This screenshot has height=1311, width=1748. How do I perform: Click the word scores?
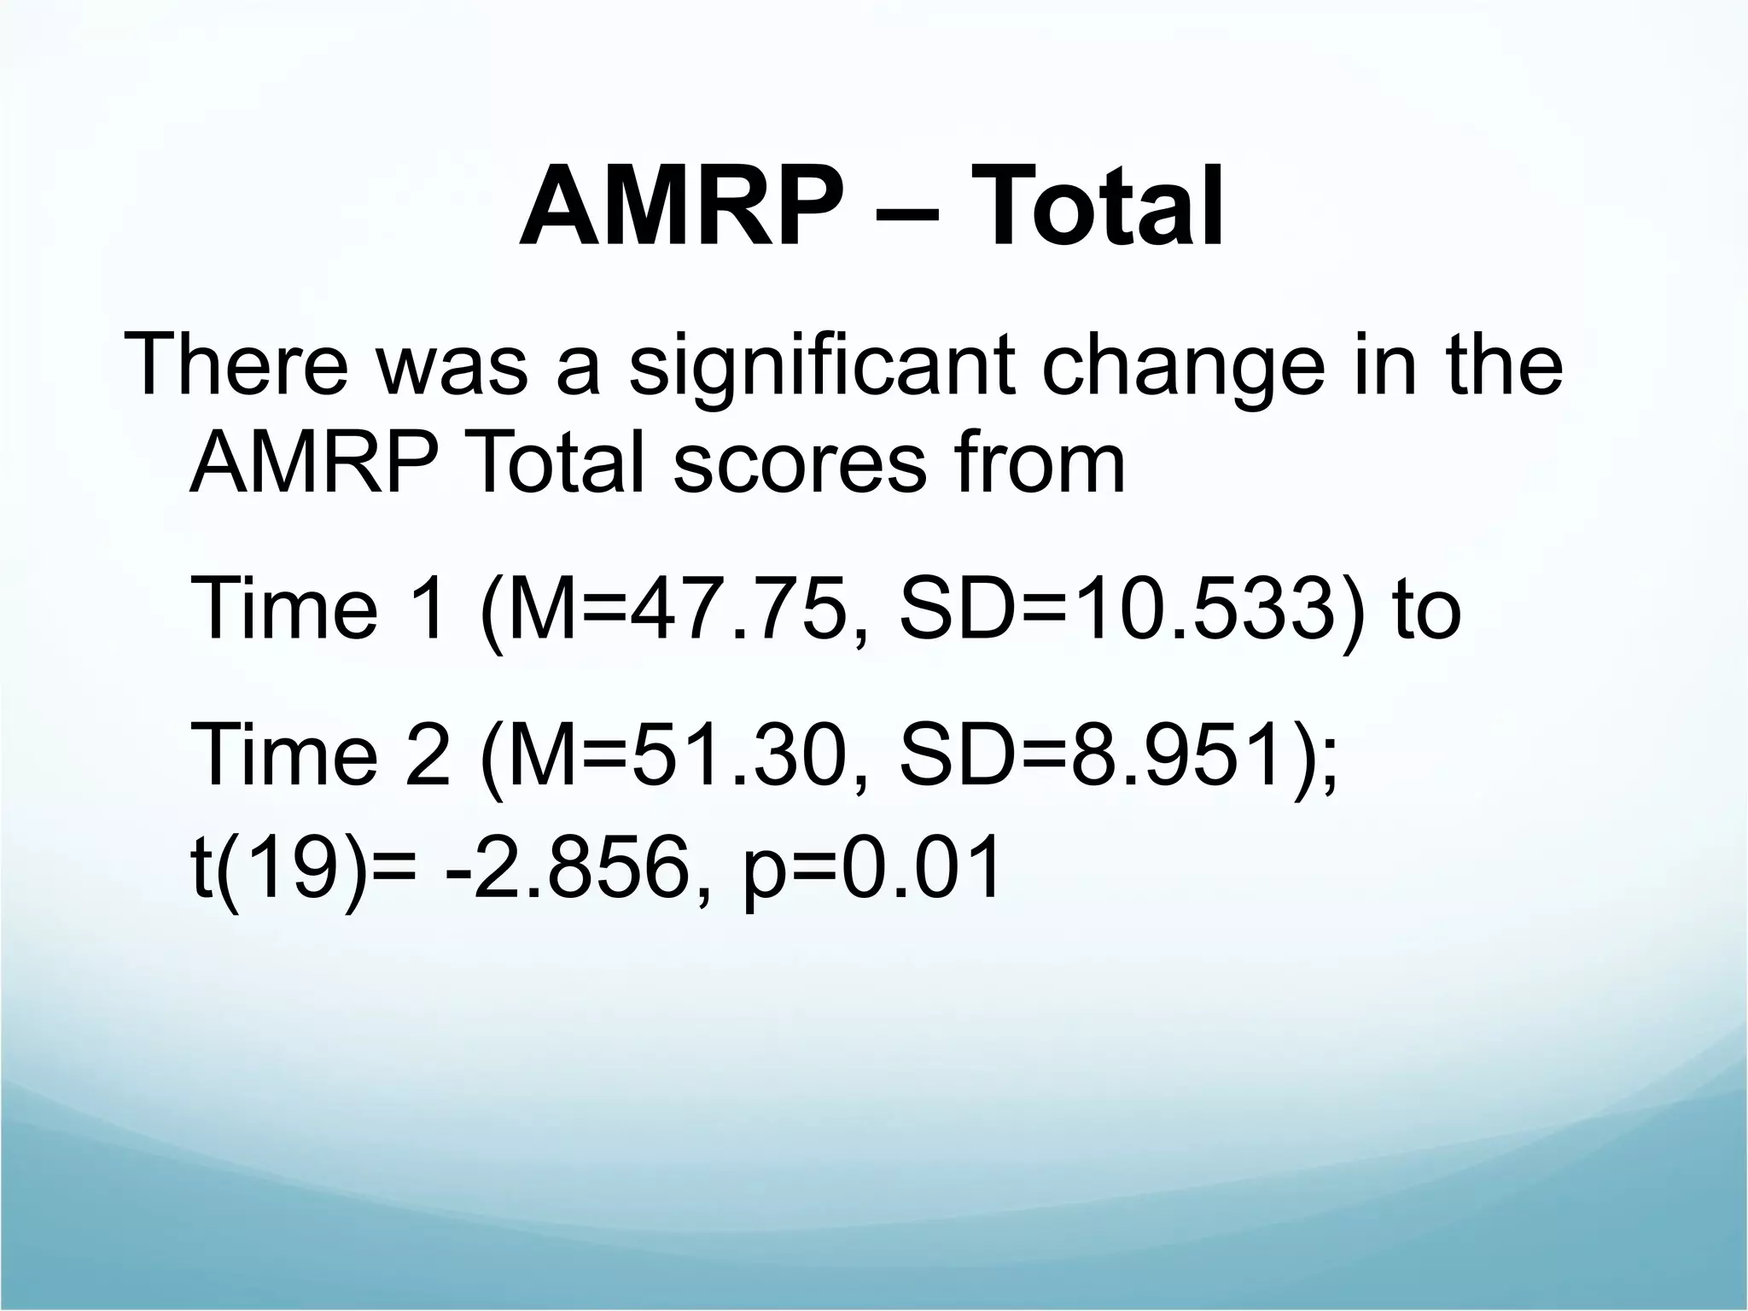(799, 465)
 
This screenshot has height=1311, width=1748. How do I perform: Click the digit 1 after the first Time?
(424, 608)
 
